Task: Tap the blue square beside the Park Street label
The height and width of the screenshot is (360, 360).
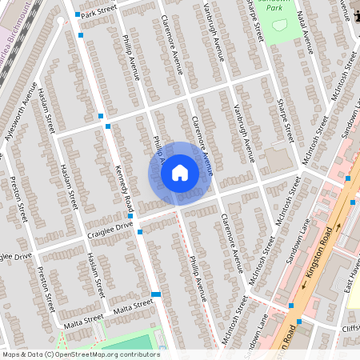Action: (x=78, y=14)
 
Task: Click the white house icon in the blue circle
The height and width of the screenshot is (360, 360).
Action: (x=180, y=173)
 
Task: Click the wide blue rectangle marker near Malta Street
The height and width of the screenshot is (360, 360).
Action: (x=156, y=294)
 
